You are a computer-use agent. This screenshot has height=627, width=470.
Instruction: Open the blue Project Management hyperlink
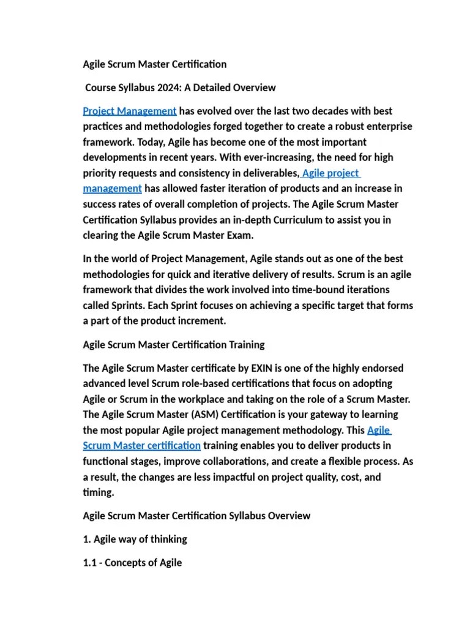(130, 111)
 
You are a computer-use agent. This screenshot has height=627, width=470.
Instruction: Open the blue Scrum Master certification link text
(141, 445)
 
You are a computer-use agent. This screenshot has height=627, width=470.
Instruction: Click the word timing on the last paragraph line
(97, 492)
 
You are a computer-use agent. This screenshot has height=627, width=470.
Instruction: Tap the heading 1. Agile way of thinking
(135, 539)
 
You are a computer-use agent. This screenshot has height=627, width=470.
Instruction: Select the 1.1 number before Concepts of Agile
(89, 562)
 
